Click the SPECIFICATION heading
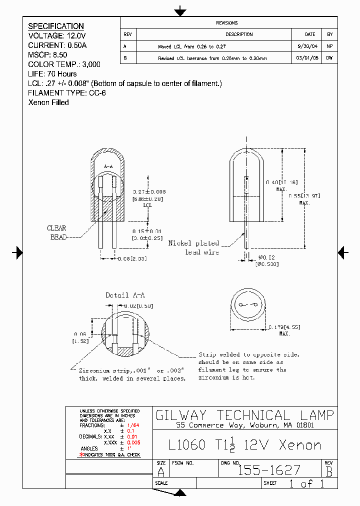point(56,26)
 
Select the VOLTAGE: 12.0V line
point(57,36)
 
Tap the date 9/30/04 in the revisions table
point(310,46)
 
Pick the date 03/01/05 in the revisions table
point(310,58)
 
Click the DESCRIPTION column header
point(239,34)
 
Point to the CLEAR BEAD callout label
point(56,232)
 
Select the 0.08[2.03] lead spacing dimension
point(131,258)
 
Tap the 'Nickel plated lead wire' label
point(194,247)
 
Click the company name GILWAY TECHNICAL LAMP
point(245,415)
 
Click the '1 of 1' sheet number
point(306,483)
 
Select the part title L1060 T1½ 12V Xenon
point(245,444)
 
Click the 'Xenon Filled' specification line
point(48,102)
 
